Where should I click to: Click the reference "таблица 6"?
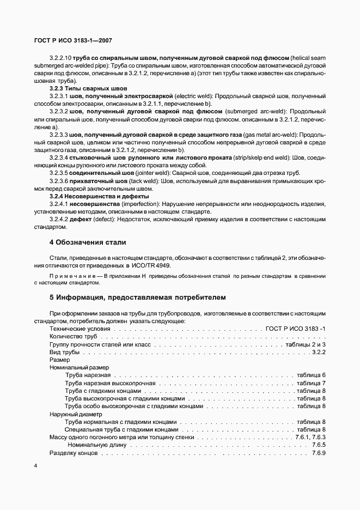pyautogui.click(x=311, y=375)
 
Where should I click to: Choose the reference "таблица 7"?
pyautogui.click(x=311, y=383)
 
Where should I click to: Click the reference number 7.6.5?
pyautogui.click(x=319, y=445)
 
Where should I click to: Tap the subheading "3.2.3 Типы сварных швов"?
pyautogui.click(x=88, y=88)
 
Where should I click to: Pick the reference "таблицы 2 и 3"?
pyautogui.click(x=305, y=345)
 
